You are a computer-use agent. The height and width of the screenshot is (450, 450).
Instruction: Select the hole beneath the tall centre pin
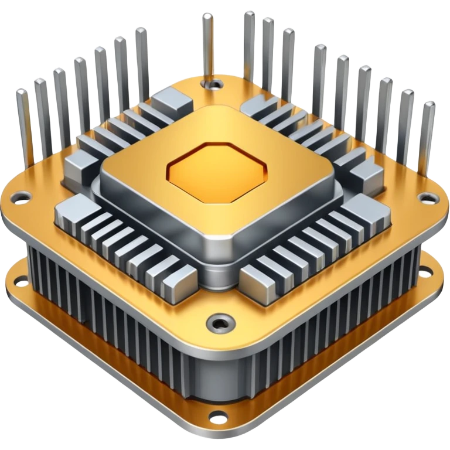(215, 84)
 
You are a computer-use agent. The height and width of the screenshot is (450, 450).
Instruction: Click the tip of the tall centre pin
(207, 15)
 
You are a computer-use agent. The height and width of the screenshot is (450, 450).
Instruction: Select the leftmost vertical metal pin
(23, 117)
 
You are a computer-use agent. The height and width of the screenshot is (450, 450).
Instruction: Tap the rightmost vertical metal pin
(428, 129)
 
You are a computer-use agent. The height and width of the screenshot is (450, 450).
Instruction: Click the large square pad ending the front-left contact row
(73, 207)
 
